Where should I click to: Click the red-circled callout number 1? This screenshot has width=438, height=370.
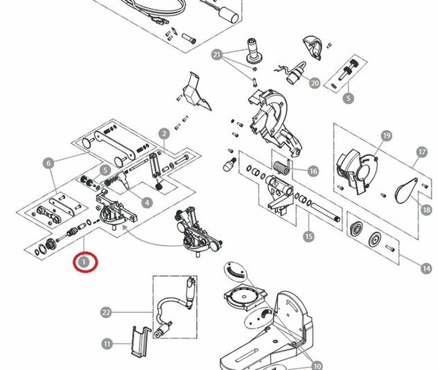click(84, 262)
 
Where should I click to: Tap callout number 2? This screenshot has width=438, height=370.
click(164, 134)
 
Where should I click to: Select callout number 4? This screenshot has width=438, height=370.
click(147, 202)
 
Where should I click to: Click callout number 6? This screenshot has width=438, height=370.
click(49, 163)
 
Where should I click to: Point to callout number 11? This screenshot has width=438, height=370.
click(107, 344)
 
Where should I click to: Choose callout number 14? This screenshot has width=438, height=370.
click(426, 269)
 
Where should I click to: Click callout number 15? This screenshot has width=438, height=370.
click(308, 236)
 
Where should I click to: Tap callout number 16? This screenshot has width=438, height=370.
click(313, 171)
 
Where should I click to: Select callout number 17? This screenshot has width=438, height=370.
click(422, 152)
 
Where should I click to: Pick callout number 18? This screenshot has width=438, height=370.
click(426, 209)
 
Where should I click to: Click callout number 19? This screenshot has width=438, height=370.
click(387, 136)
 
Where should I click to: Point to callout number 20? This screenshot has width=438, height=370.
click(315, 83)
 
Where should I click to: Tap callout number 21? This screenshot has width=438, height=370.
click(217, 55)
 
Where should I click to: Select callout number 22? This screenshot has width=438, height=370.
click(106, 312)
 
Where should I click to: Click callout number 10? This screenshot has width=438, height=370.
click(317, 366)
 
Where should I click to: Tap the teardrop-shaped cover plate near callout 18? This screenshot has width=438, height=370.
click(406, 191)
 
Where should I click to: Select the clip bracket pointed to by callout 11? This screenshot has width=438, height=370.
click(141, 342)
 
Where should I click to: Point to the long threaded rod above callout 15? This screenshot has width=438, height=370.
click(326, 212)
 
